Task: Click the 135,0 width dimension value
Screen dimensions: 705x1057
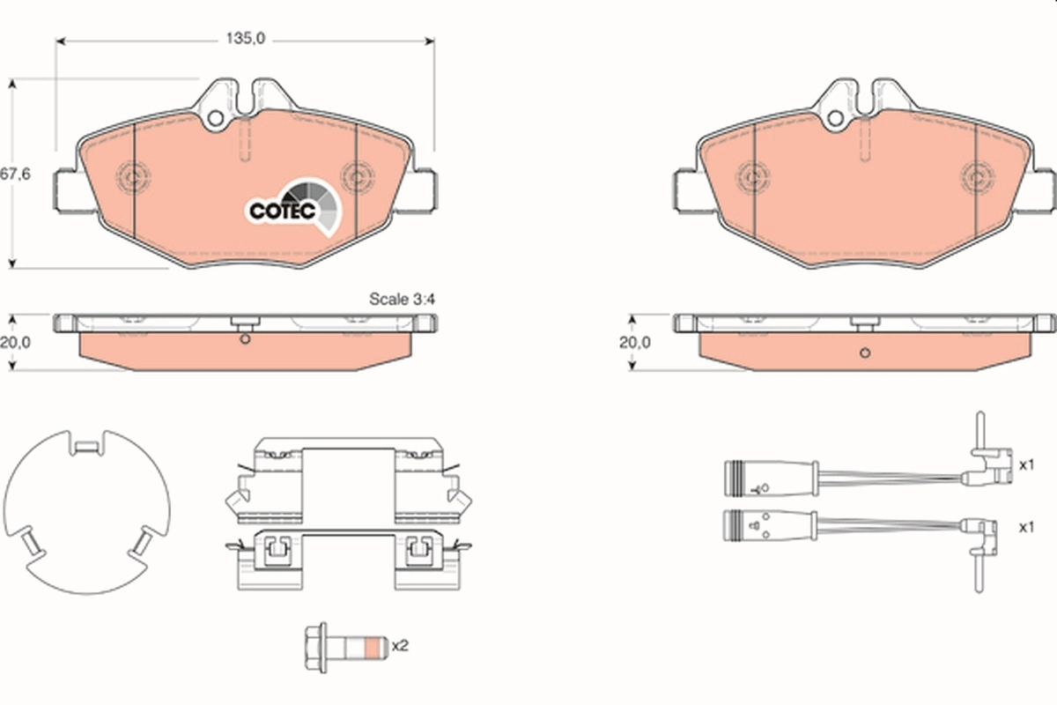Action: pyautogui.click(x=246, y=38)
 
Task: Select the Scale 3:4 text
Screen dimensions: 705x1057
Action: pyautogui.click(x=402, y=300)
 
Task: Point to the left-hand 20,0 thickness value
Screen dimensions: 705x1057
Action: pyautogui.click(x=16, y=343)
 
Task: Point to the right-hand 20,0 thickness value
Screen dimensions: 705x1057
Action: pyautogui.click(x=634, y=343)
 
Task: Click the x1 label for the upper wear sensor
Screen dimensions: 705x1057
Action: pyautogui.click(x=1025, y=464)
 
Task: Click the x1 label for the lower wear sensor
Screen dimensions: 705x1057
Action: pyautogui.click(x=1025, y=527)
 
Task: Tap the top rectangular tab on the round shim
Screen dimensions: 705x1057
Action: pyautogui.click(x=86, y=448)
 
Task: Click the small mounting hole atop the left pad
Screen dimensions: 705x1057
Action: pyautogui.click(x=214, y=118)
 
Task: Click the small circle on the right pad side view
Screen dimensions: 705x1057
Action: pyautogui.click(x=864, y=353)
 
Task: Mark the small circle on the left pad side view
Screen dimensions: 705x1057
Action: pyautogui.click(x=246, y=341)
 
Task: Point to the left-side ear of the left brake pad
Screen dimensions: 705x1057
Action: pyautogui.click(x=69, y=190)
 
